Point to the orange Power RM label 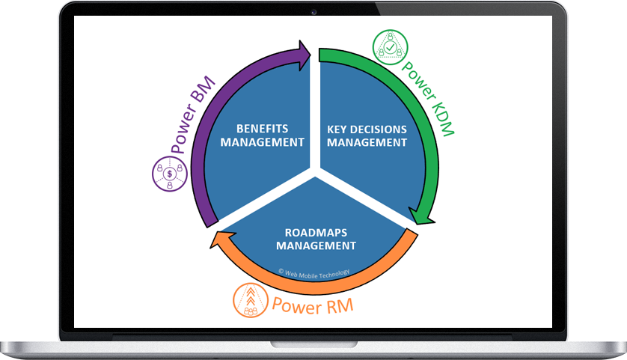[x=312, y=305]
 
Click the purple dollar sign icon [x=170, y=174]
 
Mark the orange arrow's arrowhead [x=216, y=239]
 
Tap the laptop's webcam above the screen [x=313, y=11]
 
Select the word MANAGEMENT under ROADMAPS [x=315, y=245]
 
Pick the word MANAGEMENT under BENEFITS [x=263, y=141]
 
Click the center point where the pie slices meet [x=314, y=176]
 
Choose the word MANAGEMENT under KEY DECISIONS [x=367, y=141]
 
